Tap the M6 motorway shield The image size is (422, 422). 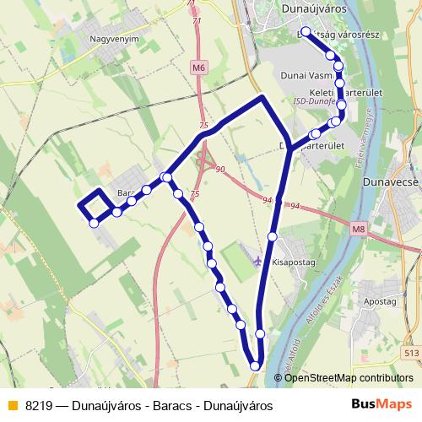tap(198, 68)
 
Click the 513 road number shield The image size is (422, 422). tap(412, 354)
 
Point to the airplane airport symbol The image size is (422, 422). tap(257, 258)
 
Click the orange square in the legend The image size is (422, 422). tap(12, 405)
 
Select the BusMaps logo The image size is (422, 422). tap(386, 405)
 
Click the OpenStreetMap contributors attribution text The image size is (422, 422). tap(349, 379)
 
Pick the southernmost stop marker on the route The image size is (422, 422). tap(255, 365)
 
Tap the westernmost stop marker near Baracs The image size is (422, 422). tap(95, 223)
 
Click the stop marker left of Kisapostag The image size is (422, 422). tap(272, 237)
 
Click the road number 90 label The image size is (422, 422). tap(220, 170)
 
